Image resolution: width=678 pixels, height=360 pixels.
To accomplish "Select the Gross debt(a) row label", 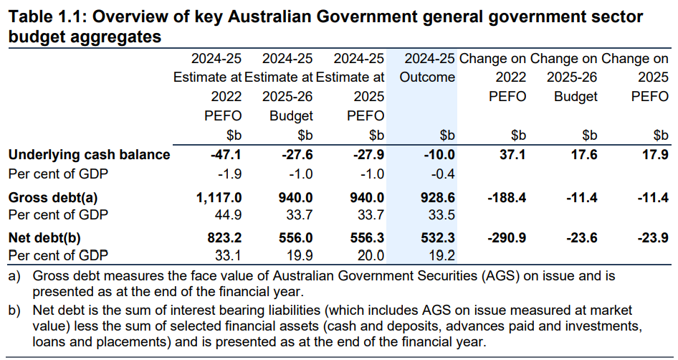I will (53, 197).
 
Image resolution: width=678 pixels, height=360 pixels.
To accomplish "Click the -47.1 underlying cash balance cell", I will (226, 154).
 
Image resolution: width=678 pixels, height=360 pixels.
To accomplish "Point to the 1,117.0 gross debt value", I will (218, 197).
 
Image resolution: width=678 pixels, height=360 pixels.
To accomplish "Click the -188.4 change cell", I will (506, 197).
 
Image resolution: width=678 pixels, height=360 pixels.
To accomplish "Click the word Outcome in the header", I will (427, 77).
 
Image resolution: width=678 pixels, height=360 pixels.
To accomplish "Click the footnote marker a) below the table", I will (14, 275).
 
